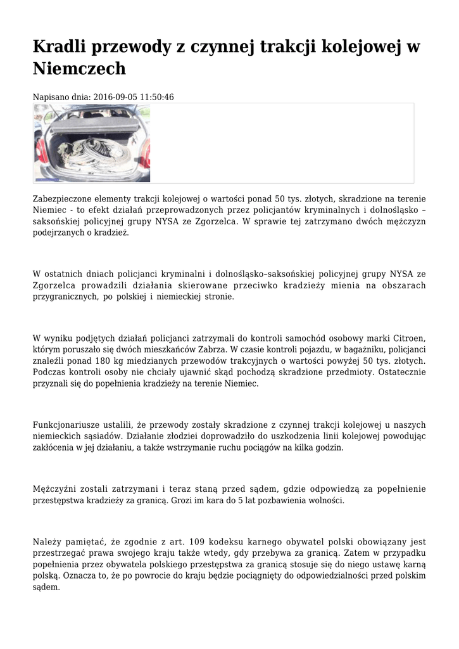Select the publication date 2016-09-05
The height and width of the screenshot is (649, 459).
113,97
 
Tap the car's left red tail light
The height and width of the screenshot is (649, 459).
41,152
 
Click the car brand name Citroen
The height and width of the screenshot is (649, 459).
409,338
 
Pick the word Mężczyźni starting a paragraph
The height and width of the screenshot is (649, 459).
56,489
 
